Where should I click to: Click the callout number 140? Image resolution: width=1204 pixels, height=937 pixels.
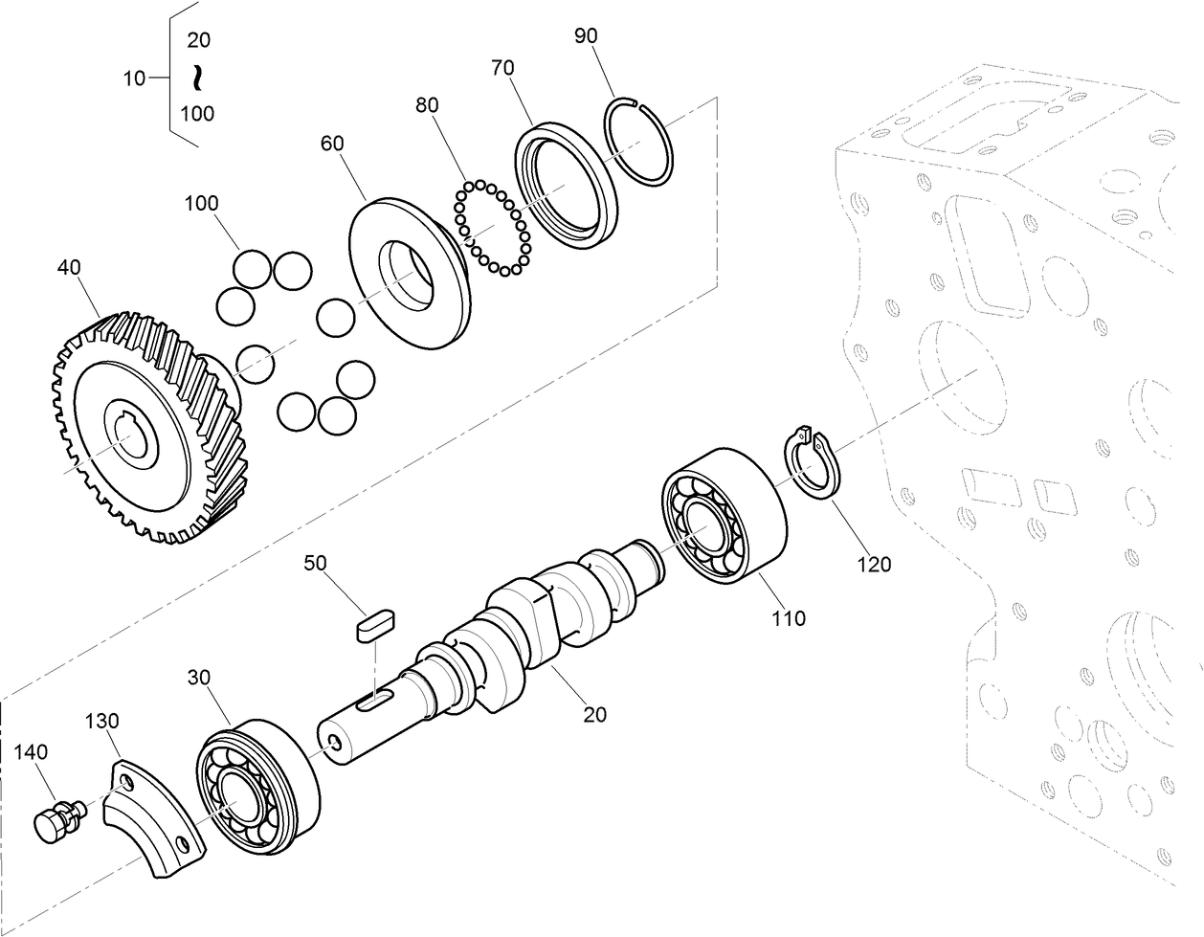(32, 752)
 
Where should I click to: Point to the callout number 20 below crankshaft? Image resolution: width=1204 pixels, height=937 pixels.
(595, 714)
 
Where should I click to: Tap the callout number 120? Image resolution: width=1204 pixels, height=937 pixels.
(873, 565)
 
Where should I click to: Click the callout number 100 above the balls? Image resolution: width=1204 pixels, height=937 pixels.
(201, 203)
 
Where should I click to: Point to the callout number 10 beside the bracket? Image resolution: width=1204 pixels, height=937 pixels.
(135, 78)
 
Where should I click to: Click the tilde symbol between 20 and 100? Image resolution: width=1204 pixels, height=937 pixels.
(196, 77)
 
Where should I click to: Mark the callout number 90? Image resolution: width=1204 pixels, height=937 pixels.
(586, 35)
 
